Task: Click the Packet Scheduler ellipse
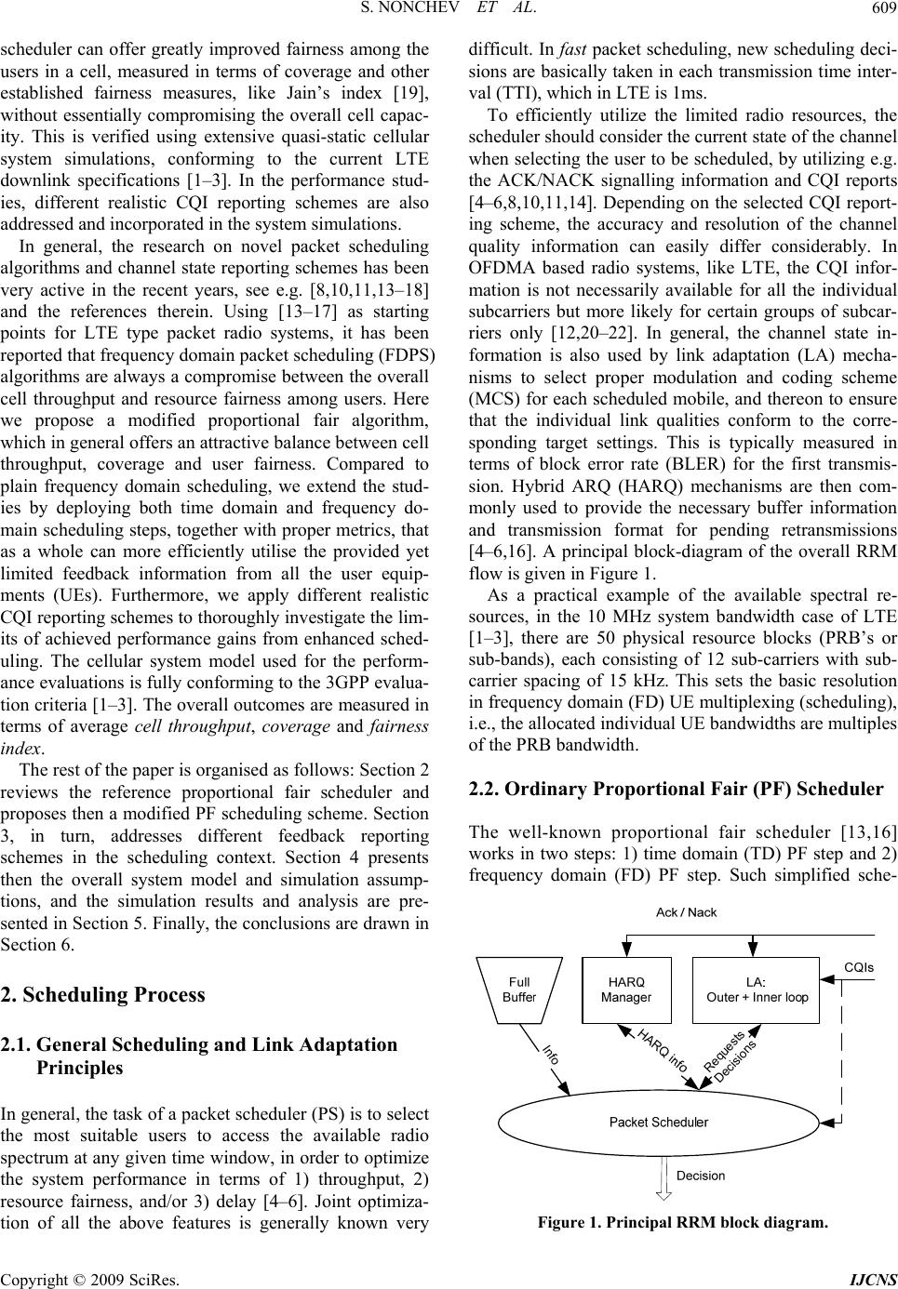[658, 1122]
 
